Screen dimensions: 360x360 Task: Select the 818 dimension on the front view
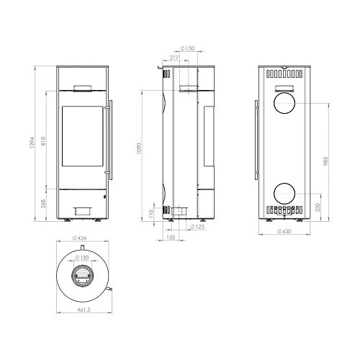44,143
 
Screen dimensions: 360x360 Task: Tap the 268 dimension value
44,203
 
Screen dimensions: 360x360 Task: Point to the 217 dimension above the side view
174,57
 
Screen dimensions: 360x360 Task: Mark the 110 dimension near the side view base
152,214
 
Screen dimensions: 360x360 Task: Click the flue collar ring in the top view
81,276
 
